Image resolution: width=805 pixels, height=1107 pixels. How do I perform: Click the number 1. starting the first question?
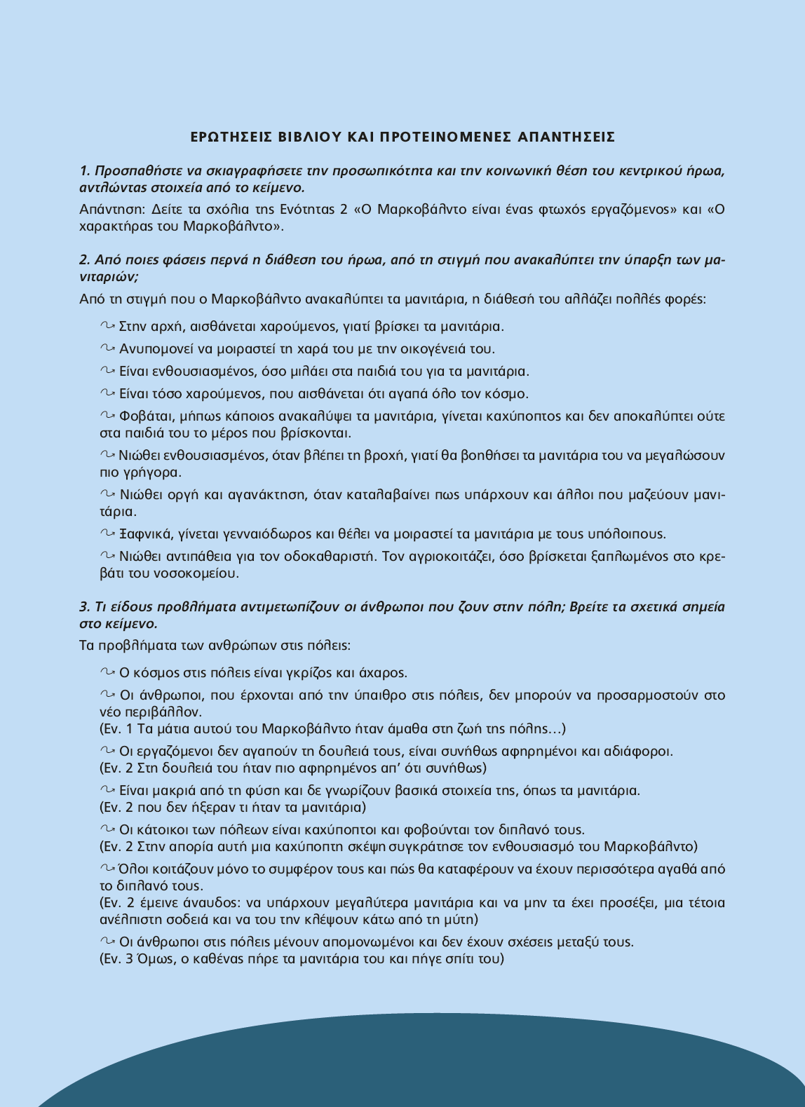click(86, 171)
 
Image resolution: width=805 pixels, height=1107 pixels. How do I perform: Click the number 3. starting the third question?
click(86, 607)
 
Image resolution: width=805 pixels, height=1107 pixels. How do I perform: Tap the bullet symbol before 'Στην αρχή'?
click(107, 326)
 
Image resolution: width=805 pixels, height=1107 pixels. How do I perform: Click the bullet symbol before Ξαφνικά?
click(107, 534)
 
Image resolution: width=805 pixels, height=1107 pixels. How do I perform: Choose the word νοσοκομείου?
click(200, 573)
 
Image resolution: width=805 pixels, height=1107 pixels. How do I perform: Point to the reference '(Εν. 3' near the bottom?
click(116, 959)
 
